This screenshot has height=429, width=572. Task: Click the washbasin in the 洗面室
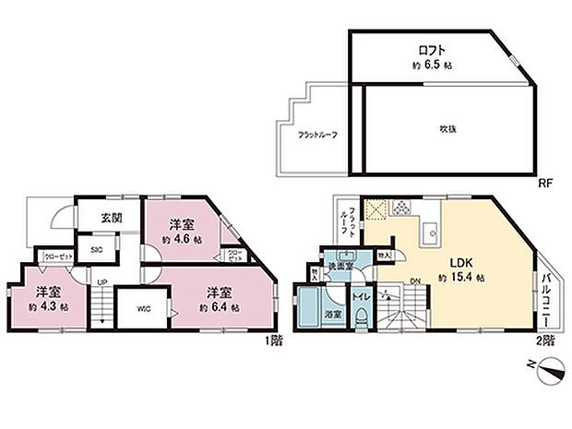coord(345,257)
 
